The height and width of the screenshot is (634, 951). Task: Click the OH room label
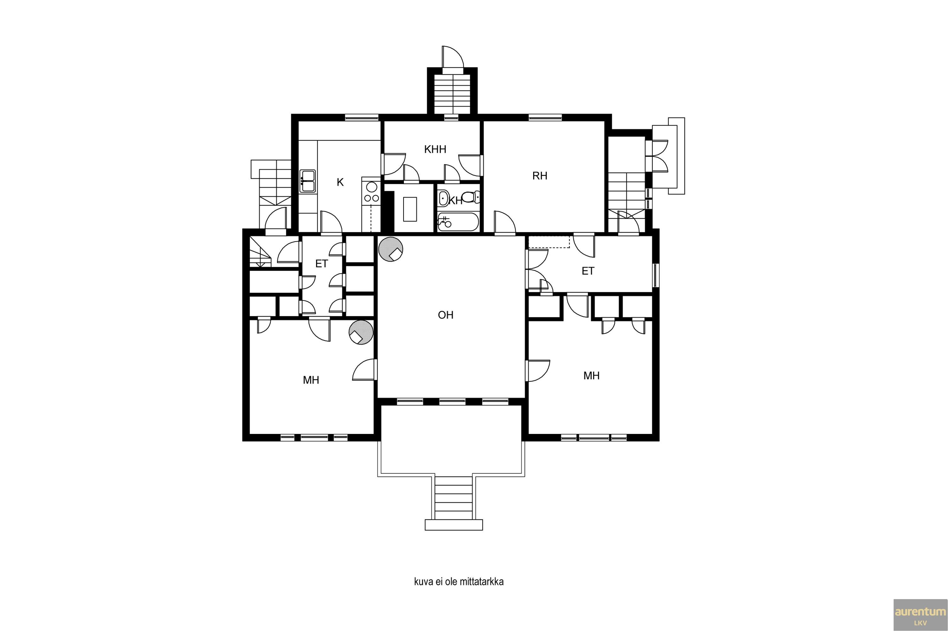point(446,315)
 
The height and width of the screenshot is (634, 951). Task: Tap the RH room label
point(540,176)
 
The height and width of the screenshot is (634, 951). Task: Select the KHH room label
point(435,149)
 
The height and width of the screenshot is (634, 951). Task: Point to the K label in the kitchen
point(340,182)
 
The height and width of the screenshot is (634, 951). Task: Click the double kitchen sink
point(308,181)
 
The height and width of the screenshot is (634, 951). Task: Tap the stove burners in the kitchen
point(372,192)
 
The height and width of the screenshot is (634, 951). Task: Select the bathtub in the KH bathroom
point(458,222)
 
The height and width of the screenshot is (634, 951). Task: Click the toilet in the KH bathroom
point(470,197)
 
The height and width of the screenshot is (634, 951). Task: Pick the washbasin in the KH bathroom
point(443,198)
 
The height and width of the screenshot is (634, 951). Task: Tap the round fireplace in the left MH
point(361,332)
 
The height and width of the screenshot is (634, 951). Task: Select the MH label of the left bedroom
point(311,380)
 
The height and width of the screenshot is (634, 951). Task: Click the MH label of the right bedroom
point(591,376)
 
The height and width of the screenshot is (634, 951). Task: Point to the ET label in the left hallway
point(321,264)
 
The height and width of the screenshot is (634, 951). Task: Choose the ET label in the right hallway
point(588,271)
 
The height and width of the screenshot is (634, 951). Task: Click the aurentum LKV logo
point(920,615)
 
